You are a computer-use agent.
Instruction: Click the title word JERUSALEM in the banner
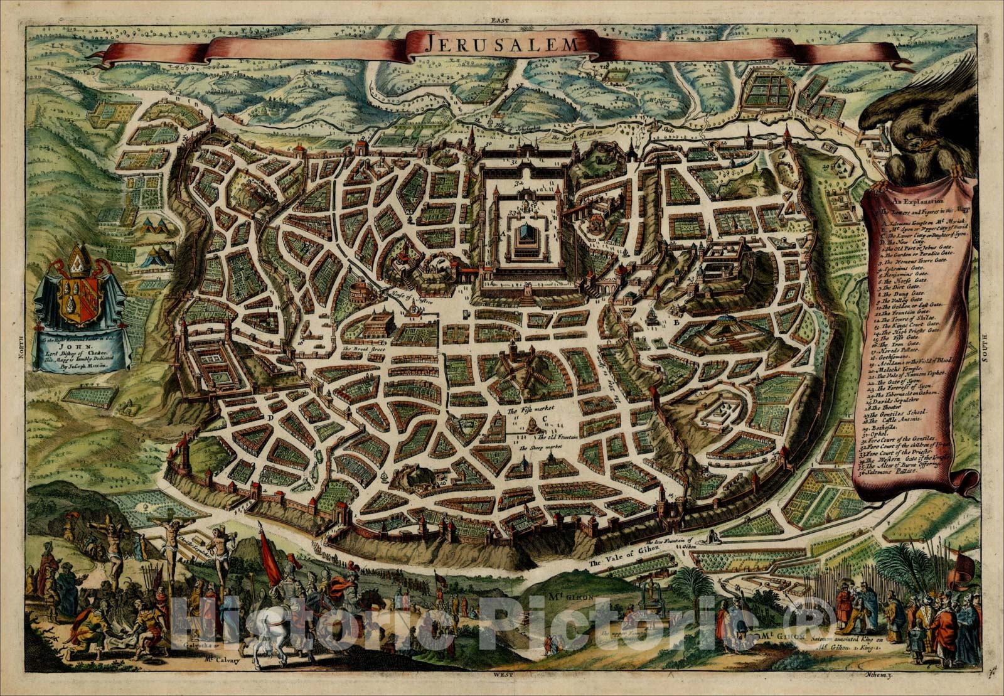pos(501,43)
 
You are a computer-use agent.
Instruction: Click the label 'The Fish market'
pos(525,411)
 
